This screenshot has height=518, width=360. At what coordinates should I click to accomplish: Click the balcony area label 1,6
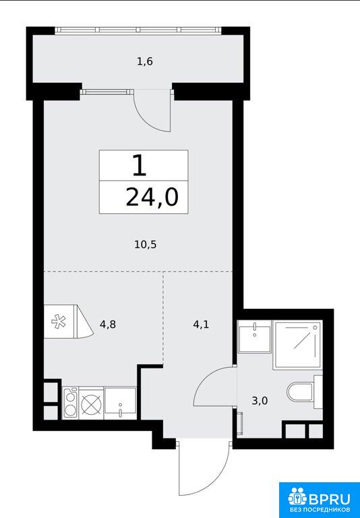pyautogui.click(x=145, y=62)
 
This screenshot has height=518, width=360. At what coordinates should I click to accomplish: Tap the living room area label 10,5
pyautogui.click(x=146, y=245)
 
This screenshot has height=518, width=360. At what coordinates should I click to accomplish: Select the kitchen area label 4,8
pyautogui.click(x=108, y=324)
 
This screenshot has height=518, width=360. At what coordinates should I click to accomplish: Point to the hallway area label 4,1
pyautogui.click(x=201, y=324)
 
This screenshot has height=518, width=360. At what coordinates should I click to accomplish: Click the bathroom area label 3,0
pyautogui.click(x=260, y=401)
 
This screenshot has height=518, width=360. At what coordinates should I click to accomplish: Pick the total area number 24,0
pyautogui.click(x=152, y=198)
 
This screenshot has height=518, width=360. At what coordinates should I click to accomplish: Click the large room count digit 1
pyautogui.click(x=140, y=165)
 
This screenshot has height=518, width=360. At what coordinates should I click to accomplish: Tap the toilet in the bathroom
pyautogui.click(x=304, y=392)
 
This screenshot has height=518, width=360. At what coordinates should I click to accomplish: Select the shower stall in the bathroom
pyautogui.click(x=297, y=345)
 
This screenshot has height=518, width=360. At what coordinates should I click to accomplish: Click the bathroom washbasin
pyautogui.click(x=255, y=336)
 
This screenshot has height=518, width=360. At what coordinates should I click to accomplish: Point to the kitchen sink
pyautogui.click(x=120, y=403)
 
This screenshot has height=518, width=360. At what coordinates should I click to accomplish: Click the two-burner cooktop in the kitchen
pyautogui.click(x=70, y=403)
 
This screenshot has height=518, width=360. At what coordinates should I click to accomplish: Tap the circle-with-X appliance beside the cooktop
pyautogui.click(x=91, y=403)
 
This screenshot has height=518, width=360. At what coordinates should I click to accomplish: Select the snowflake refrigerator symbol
pyautogui.click(x=59, y=322)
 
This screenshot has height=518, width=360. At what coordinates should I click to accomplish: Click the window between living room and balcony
pyautogui.click(x=104, y=92)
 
